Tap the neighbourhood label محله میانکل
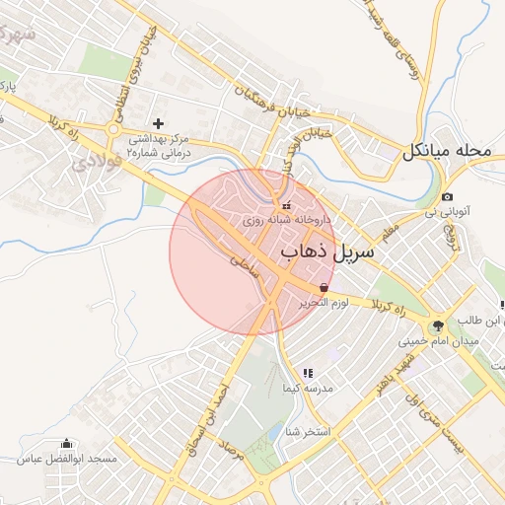click(445, 152)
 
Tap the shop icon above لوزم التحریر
click(325, 287)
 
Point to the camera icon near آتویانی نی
click(448, 197)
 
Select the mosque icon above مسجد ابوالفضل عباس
click(67, 444)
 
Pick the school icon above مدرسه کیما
click(308, 374)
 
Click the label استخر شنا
click(306, 432)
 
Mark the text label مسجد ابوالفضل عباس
click(67, 460)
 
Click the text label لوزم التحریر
click(325, 302)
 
